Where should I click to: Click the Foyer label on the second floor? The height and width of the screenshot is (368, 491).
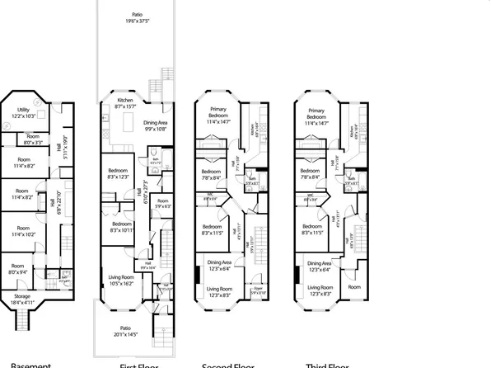point(258,290)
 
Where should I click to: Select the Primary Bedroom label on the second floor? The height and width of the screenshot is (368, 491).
point(217,115)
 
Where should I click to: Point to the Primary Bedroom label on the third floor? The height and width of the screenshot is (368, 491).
point(316,115)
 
